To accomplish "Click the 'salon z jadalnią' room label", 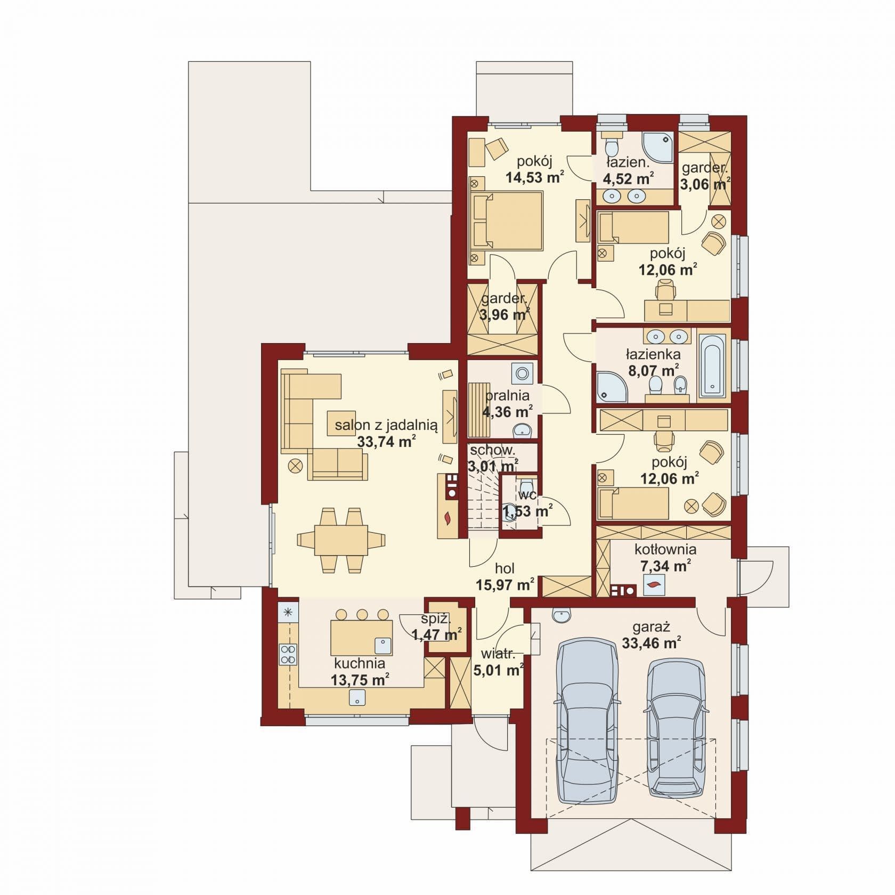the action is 386,425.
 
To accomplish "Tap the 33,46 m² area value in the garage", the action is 652,643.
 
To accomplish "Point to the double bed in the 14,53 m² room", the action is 506,221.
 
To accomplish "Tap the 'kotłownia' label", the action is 665,549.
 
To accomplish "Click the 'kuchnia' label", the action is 360,663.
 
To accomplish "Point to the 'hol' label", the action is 505,568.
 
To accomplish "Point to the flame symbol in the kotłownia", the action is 653,584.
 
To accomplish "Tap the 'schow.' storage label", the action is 492,450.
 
